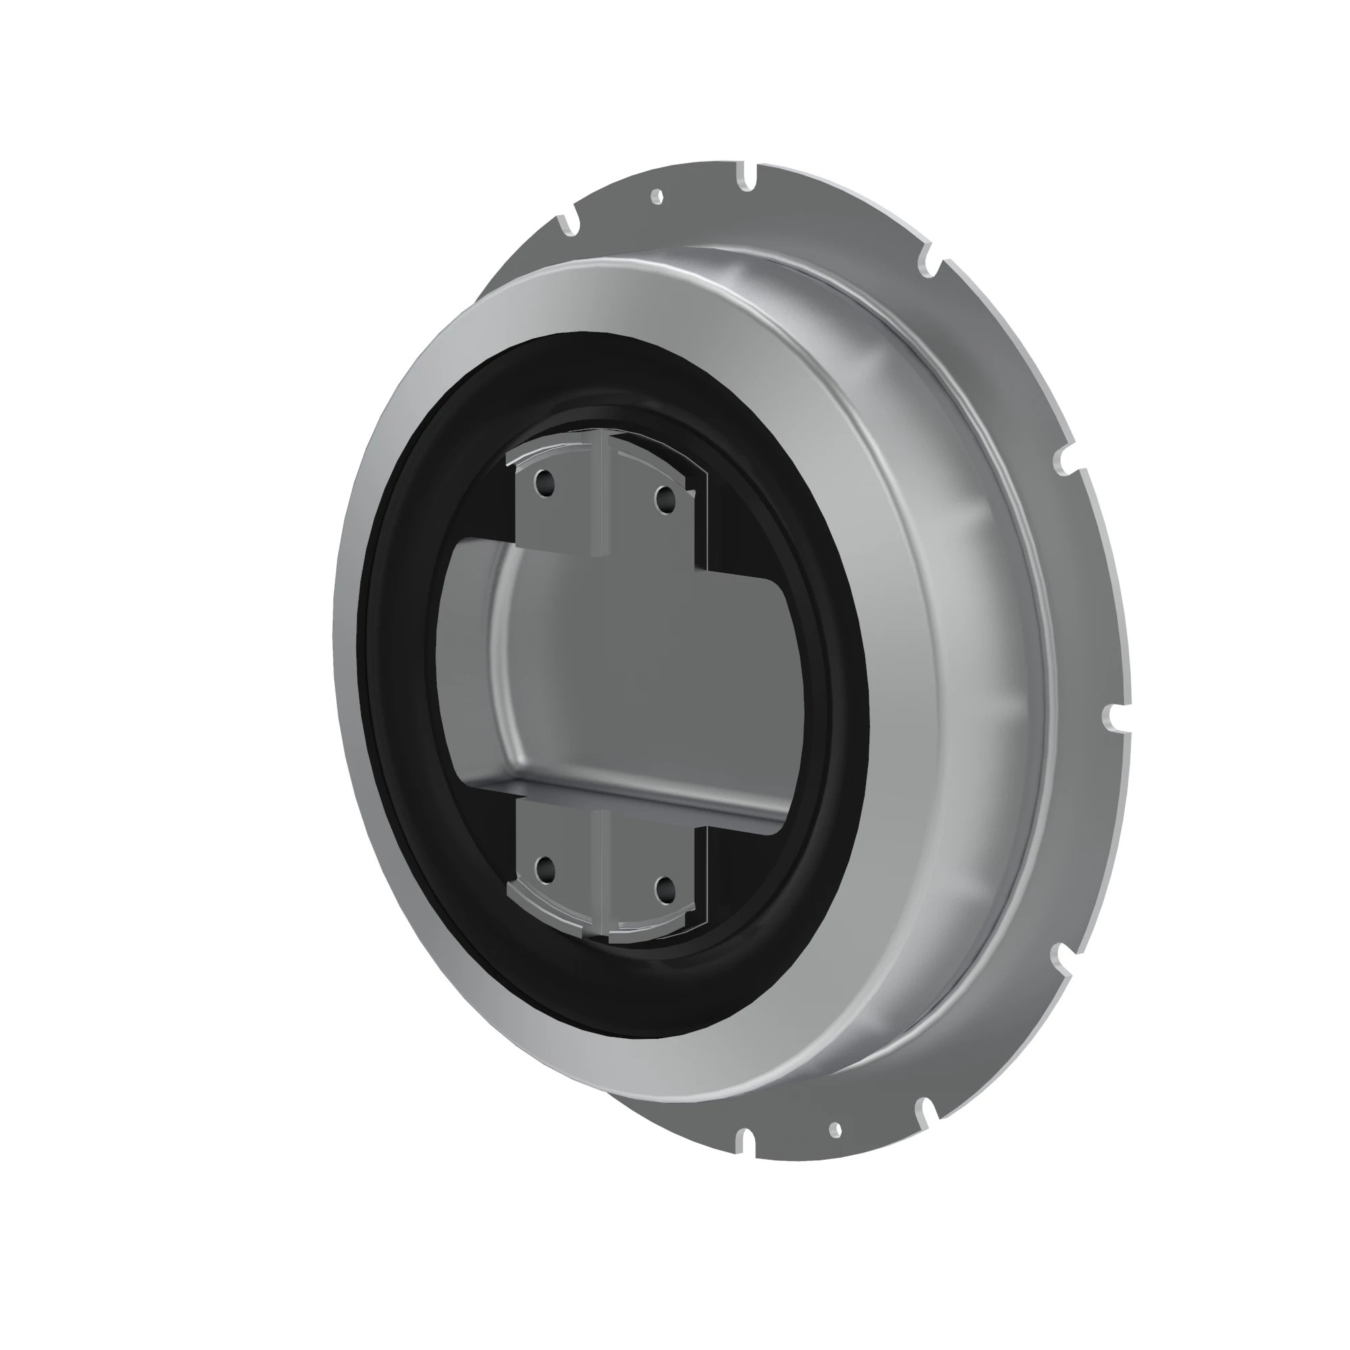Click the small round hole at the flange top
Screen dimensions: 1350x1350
coord(656,197)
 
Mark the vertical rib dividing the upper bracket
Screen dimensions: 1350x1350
coord(599,496)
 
